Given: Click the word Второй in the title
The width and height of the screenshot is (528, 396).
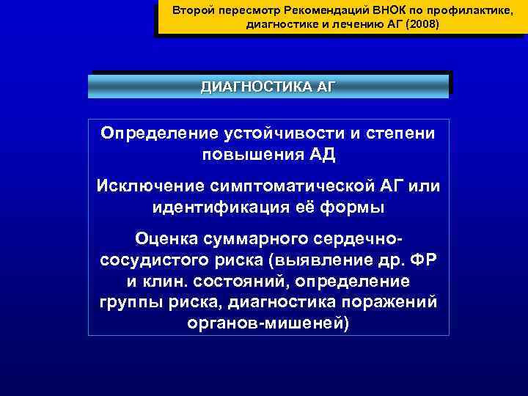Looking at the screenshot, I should click(x=189, y=11).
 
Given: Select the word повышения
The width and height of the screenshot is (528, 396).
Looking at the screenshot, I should click(x=247, y=155).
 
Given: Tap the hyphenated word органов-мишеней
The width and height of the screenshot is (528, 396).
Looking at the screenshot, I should click(x=268, y=323).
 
